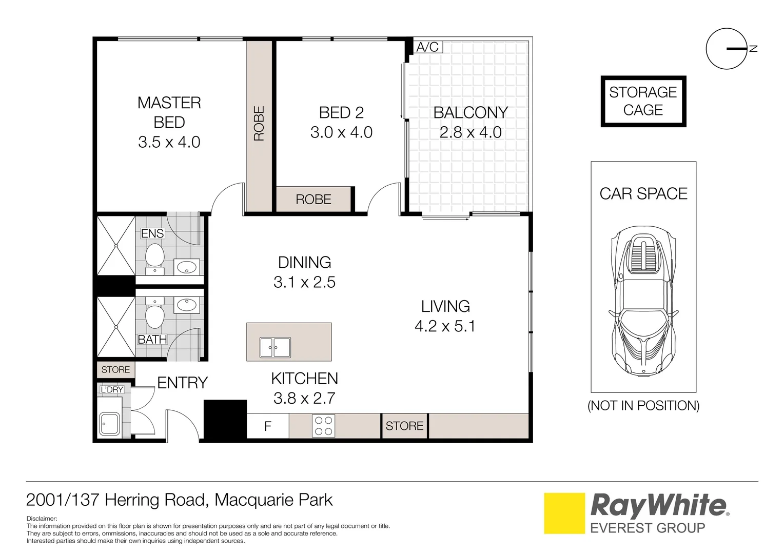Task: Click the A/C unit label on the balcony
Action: [427, 47]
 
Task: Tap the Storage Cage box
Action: [643, 101]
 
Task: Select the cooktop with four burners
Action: [323, 426]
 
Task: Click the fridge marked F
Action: [267, 426]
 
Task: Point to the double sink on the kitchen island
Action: [275, 347]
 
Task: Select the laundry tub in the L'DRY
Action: [109, 424]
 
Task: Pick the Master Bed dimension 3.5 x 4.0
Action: [169, 142]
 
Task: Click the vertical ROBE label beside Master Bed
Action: [259, 124]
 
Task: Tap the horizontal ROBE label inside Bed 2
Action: [313, 200]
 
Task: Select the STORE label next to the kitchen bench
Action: [404, 426]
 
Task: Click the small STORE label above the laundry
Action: [115, 370]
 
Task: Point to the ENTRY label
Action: [182, 383]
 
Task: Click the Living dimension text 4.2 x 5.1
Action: [445, 326]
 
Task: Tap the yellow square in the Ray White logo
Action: [564, 513]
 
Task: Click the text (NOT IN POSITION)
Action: [643, 406]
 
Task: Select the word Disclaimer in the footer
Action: [42, 519]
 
